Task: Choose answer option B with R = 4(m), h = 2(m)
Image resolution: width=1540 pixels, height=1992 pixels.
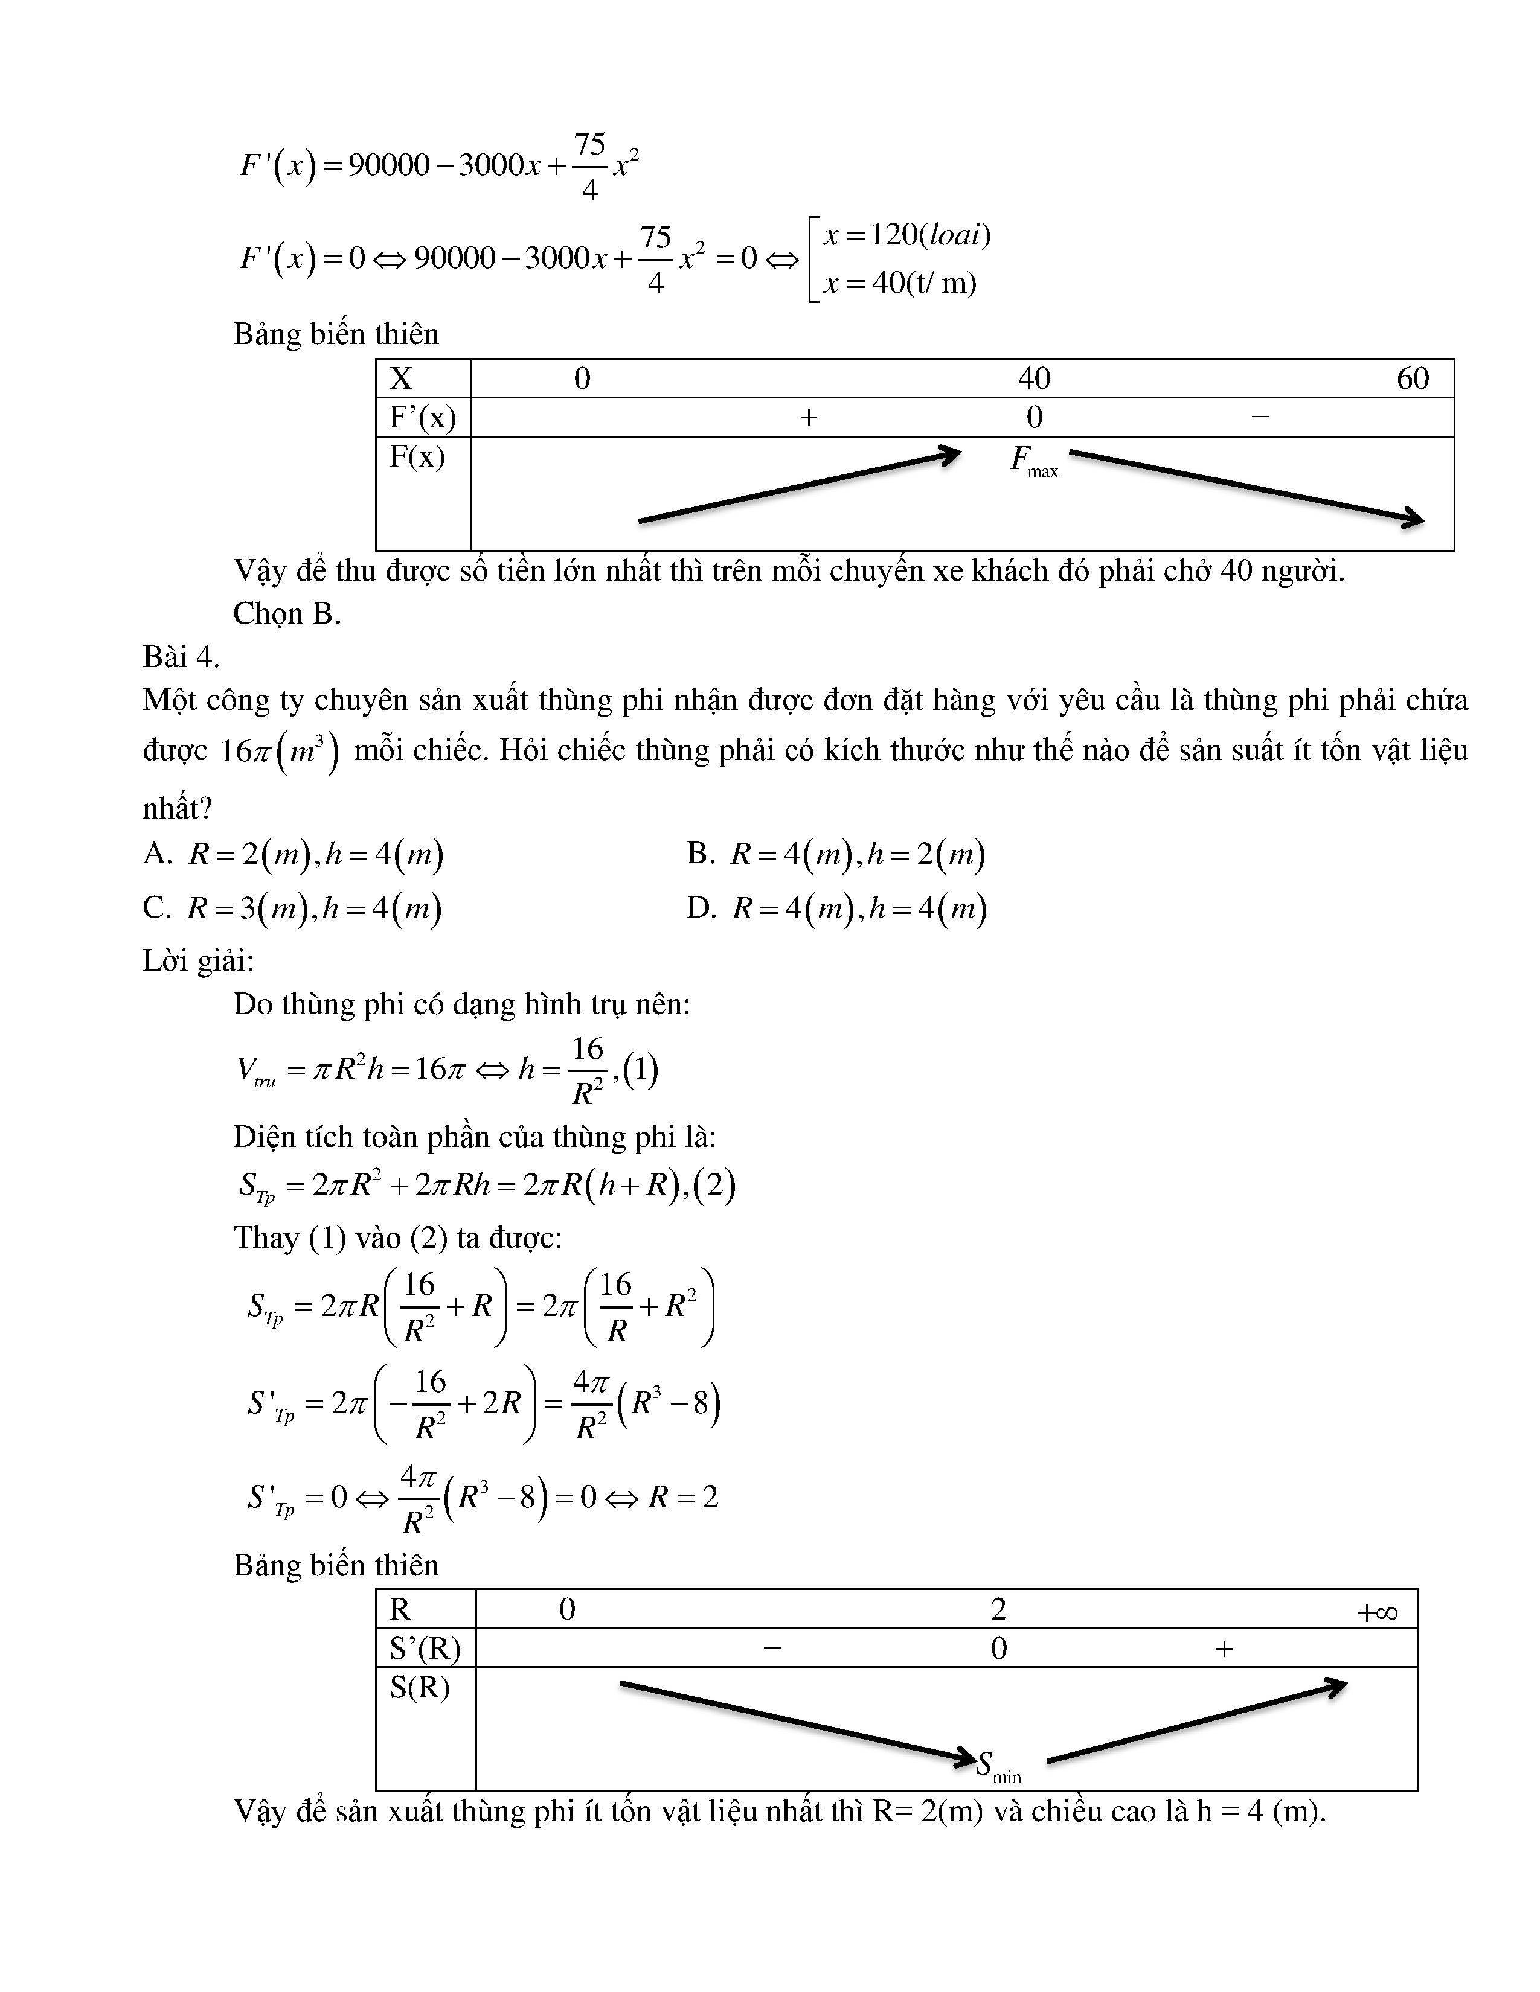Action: [836, 855]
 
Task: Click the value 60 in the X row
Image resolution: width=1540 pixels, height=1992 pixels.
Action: [1413, 378]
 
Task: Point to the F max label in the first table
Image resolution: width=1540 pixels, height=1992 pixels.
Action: [1034, 460]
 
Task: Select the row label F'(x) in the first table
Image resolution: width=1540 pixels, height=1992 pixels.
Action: [422, 418]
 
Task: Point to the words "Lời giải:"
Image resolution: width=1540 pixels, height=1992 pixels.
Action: [198, 960]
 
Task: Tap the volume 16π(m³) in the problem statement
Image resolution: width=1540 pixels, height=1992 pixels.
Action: [279, 752]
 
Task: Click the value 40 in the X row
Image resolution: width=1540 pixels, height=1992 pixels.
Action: [1034, 378]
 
